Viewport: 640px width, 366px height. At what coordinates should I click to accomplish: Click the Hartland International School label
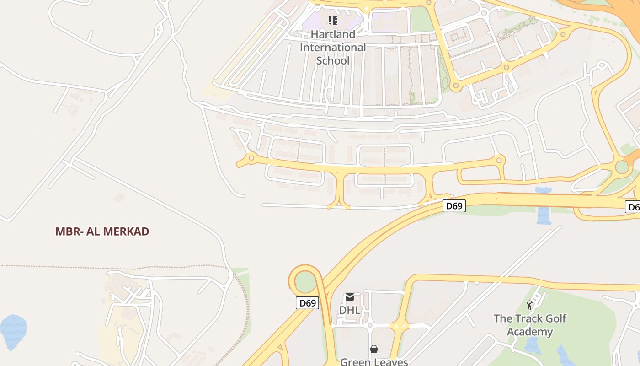tap(333, 47)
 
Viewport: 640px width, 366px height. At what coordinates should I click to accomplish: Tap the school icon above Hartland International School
tap(333, 20)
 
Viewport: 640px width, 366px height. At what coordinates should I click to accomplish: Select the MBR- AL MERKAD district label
tap(102, 231)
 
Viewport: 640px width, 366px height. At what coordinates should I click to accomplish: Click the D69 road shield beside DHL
tap(307, 303)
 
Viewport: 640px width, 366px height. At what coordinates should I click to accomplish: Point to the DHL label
tap(350, 310)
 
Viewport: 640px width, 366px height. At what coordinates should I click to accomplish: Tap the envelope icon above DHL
tap(350, 297)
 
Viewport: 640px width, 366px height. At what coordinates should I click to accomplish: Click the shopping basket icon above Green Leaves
tap(374, 349)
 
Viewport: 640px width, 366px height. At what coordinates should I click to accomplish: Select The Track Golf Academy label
tap(530, 325)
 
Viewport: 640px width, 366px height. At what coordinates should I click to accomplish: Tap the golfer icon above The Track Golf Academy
tap(530, 305)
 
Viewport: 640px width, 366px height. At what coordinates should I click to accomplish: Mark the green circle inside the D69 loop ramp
tap(305, 282)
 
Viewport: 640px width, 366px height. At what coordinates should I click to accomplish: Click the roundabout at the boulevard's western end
tap(251, 158)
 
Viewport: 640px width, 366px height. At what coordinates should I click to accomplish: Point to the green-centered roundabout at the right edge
tap(622, 167)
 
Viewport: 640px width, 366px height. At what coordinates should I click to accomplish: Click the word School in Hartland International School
tap(333, 60)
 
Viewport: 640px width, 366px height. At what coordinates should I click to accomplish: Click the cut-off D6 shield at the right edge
tap(633, 207)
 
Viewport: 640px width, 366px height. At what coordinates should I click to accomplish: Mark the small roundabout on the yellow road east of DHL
tap(400, 326)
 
